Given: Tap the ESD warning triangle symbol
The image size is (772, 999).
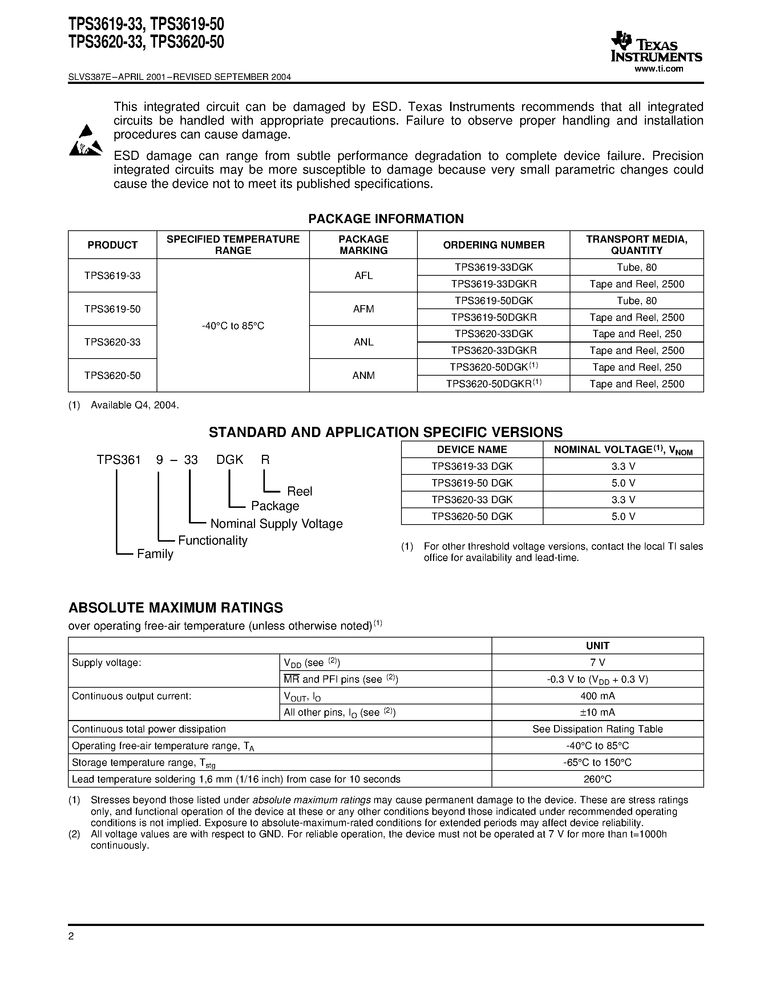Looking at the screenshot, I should tap(85, 141).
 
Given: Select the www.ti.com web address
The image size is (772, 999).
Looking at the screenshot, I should tap(659, 69).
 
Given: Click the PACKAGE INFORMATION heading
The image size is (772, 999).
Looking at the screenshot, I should tap(385, 219).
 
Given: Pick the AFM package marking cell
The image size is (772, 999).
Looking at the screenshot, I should tap(363, 309).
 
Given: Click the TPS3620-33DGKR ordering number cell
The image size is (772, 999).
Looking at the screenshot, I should tap(493, 351).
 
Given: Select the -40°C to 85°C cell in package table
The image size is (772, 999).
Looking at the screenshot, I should tap(233, 326).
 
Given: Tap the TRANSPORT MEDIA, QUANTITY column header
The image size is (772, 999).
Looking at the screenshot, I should tap(636, 245).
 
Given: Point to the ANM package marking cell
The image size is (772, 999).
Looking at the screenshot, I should tap(363, 376).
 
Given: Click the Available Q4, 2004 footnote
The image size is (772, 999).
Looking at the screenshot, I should tap(134, 405).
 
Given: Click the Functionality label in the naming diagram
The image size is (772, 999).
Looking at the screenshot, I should tap(212, 540).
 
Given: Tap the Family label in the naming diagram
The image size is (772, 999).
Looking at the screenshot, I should tap(155, 554).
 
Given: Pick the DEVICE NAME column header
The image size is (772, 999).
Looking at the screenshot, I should tap(472, 450).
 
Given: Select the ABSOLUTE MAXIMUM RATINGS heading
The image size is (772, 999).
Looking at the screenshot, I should tap(175, 608).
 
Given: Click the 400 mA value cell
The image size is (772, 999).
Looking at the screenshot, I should tap(597, 696).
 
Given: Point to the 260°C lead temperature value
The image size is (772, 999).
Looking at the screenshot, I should tap(597, 779).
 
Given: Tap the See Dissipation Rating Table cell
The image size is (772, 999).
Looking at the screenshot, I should tap(597, 729).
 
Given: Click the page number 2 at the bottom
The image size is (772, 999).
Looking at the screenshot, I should tap(71, 936).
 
